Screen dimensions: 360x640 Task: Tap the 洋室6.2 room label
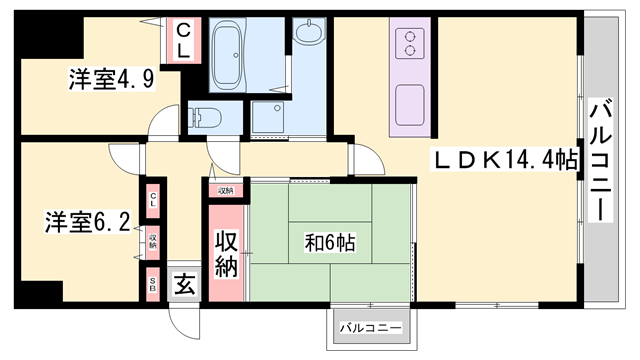point(86,221)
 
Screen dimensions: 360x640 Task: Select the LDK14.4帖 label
point(506,159)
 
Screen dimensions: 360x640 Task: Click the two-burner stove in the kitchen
point(409,43)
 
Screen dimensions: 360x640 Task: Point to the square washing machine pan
point(268,117)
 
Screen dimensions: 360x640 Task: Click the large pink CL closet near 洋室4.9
point(184,41)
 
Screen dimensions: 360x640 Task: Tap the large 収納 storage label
point(225,253)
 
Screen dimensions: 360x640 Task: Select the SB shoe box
point(153,281)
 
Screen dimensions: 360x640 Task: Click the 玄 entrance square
point(185,283)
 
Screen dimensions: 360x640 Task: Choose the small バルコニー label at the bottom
point(370,327)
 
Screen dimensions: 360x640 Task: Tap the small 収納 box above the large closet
point(224,190)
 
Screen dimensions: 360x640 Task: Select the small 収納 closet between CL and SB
point(153,241)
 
